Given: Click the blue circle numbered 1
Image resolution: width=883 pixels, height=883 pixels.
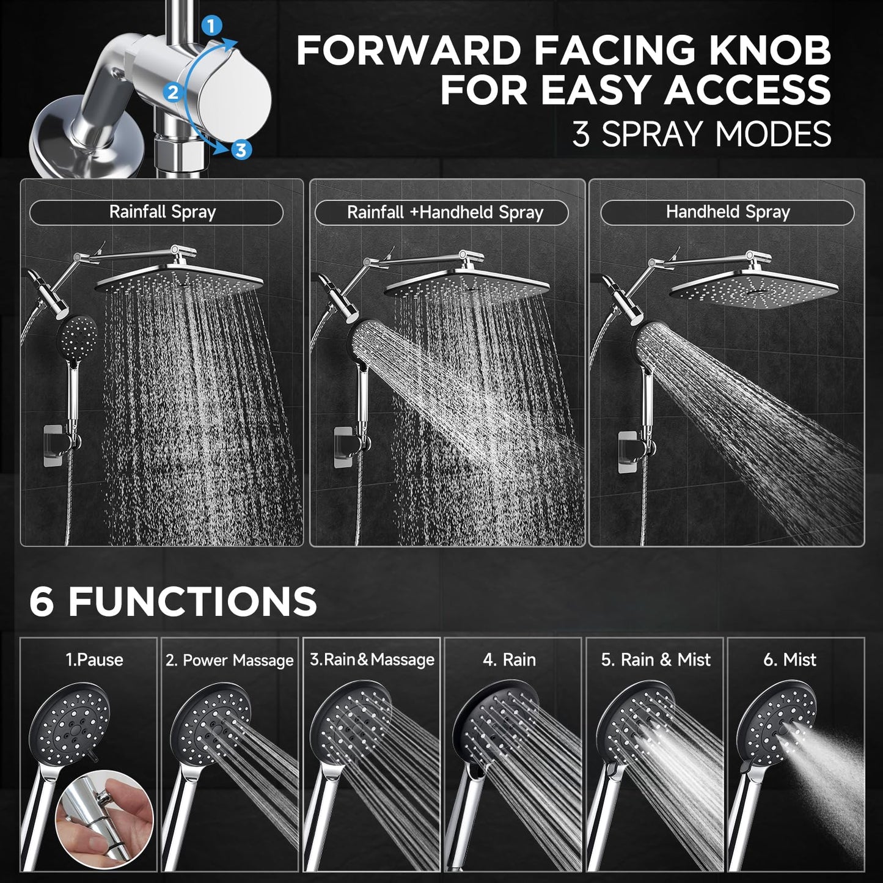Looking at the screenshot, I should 211,26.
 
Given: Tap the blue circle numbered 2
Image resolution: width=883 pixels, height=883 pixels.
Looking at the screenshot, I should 173,93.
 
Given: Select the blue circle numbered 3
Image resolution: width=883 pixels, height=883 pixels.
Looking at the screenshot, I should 241,150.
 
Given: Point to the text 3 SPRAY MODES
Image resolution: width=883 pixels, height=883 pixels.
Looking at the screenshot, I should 702,134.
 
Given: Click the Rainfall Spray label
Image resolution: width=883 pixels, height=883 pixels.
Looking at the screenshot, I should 162,212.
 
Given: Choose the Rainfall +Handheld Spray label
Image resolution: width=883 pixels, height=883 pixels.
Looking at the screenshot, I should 444,213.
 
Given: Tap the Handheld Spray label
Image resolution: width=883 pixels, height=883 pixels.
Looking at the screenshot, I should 727,212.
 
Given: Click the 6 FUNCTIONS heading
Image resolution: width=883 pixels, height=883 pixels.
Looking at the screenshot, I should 173,601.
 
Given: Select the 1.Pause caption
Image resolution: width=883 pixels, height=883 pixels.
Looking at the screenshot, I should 94,660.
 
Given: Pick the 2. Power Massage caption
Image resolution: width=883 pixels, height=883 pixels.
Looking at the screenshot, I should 229,661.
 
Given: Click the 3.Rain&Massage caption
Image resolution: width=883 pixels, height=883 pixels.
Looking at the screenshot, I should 372,660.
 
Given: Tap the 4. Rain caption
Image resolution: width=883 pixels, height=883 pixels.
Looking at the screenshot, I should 509,660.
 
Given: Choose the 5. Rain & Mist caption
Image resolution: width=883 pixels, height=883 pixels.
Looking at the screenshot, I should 655,660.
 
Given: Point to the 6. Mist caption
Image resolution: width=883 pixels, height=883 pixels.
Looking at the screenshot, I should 790,660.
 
